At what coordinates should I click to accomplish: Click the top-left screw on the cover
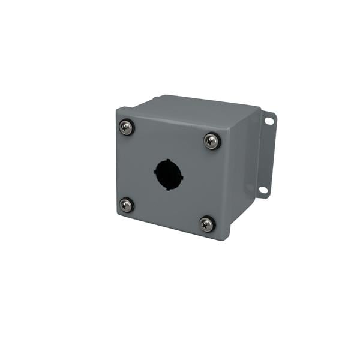click(126, 127)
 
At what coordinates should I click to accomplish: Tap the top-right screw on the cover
click(211, 141)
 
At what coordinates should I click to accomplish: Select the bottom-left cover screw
click(126, 205)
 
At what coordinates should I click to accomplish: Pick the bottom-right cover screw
click(206, 224)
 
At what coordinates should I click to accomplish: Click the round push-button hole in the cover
click(169, 174)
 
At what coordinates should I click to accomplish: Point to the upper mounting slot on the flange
click(268, 121)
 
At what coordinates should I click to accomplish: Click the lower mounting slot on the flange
click(263, 190)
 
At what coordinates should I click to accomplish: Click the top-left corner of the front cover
click(118, 110)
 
